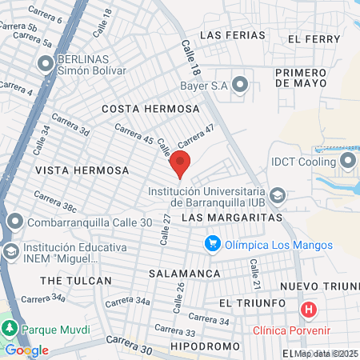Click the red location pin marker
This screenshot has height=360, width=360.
point(180,162)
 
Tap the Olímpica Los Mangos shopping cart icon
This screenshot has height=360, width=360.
point(212,242)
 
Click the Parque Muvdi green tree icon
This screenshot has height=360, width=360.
point(10,329)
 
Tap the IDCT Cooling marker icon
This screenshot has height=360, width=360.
point(348,162)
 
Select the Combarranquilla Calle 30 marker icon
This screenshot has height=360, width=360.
point(14,222)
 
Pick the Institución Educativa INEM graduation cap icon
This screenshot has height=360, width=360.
point(11,252)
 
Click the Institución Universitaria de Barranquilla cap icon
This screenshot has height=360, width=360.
point(277,195)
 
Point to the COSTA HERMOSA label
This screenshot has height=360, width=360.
point(150,108)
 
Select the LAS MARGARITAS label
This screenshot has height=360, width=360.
point(233,218)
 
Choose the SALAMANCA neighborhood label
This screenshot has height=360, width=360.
point(185,274)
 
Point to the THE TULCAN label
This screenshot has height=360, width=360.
point(74,281)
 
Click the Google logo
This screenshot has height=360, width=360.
point(26,350)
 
